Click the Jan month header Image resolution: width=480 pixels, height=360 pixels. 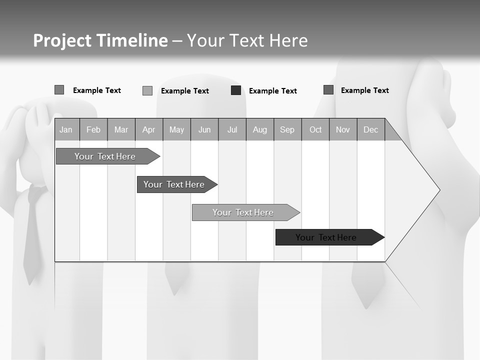(x=66, y=130)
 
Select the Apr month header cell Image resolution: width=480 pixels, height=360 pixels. (x=148, y=130)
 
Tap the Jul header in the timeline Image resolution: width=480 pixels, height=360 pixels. (x=232, y=130)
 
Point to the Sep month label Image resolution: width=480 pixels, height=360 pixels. (x=287, y=130)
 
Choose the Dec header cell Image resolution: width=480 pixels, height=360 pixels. (x=370, y=130)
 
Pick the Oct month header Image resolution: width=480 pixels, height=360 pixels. (x=315, y=130)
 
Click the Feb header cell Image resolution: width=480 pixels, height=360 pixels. (x=93, y=130)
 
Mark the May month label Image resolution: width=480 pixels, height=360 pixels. (x=176, y=130)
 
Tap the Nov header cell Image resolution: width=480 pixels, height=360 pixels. (x=342, y=130)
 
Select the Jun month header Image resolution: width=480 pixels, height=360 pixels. (x=204, y=130)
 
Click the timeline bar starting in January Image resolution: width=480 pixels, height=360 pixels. (x=105, y=156)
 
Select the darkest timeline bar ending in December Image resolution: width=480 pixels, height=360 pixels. (x=326, y=237)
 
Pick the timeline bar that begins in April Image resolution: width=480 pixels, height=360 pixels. (x=174, y=184)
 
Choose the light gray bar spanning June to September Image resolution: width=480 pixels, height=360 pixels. (x=243, y=212)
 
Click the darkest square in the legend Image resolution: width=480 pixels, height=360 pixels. (x=236, y=90)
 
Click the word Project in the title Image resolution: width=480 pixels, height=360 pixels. (x=62, y=40)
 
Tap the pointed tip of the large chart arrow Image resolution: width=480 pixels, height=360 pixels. (x=439, y=190)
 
